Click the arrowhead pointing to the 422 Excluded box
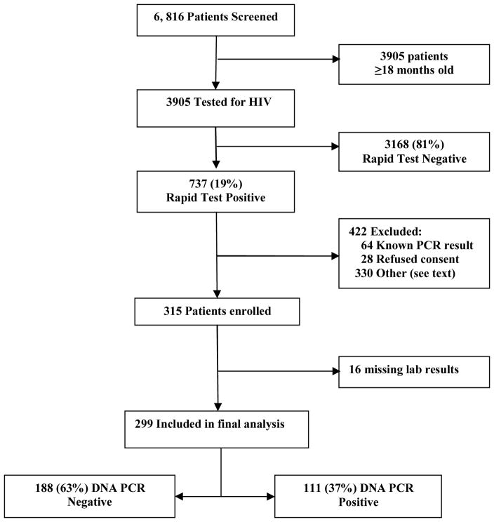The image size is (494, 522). pyautogui.click(x=333, y=255)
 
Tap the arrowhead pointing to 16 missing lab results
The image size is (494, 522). pyautogui.click(x=333, y=369)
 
